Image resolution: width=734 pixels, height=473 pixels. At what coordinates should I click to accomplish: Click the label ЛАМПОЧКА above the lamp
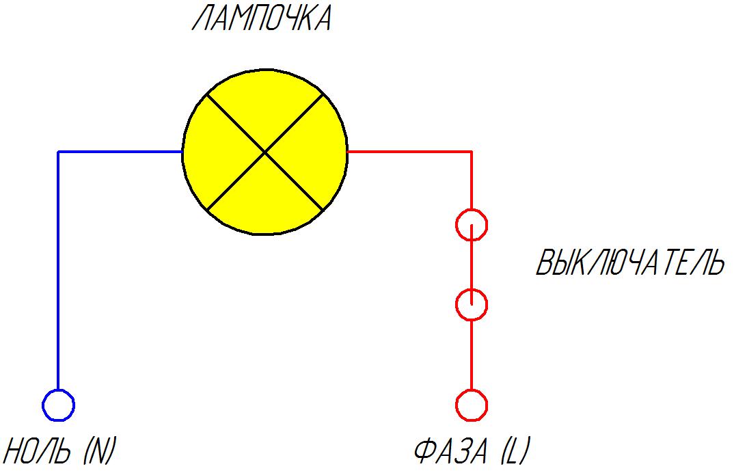click(x=262, y=19)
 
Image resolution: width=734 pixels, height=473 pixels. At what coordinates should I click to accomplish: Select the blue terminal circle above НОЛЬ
click(x=58, y=405)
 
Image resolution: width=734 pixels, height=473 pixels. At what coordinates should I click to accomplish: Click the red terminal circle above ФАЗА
click(x=472, y=405)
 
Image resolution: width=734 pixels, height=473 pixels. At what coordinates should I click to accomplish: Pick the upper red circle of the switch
click(x=472, y=224)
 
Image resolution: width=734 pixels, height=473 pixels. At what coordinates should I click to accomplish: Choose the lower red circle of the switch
click(x=472, y=304)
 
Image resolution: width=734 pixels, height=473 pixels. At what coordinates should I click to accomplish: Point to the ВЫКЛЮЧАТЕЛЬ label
click(x=629, y=264)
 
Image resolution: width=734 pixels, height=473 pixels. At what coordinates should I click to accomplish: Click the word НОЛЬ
click(x=38, y=452)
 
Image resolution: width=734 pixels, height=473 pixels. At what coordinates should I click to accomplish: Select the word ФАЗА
click(x=451, y=452)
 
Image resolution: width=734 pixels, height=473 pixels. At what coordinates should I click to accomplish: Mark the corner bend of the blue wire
click(x=59, y=152)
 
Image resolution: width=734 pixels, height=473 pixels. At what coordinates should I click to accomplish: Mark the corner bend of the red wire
click(x=472, y=151)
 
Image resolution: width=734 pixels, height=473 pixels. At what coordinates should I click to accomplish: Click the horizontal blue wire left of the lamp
click(x=120, y=152)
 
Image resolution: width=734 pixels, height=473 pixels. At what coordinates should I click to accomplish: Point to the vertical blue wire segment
click(x=59, y=273)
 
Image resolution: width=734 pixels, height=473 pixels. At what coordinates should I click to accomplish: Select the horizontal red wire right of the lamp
click(x=410, y=151)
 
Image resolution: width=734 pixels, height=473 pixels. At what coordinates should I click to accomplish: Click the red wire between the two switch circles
click(x=472, y=265)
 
